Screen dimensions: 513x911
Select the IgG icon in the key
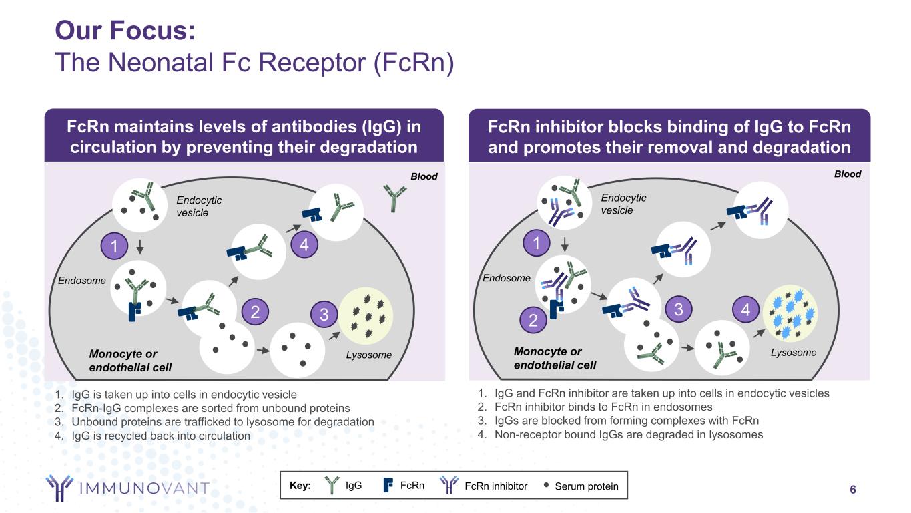[x=332, y=486]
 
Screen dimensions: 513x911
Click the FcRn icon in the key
[x=388, y=486]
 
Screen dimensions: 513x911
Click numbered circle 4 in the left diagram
[x=304, y=245]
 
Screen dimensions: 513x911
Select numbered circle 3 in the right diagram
[x=679, y=309]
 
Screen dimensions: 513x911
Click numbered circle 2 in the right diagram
[x=533, y=321]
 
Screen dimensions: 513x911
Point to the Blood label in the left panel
[x=424, y=176]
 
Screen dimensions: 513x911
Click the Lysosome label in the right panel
[x=793, y=352]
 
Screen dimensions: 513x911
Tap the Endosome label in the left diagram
[x=81, y=281]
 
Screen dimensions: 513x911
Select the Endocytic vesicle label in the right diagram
[x=623, y=204]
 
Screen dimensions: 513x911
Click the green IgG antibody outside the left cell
[x=394, y=198]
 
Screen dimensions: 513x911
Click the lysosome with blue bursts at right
[x=790, y=313]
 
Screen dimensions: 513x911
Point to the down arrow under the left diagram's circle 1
[x=140, y=247]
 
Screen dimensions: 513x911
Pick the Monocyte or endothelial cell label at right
[x=555, y=358]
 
